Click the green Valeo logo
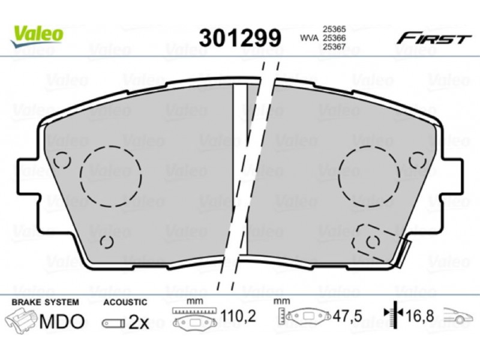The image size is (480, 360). point(37,35)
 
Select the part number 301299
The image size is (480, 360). point(239,38)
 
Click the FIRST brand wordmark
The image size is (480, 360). point(433,39)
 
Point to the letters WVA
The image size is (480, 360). point(309,38)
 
